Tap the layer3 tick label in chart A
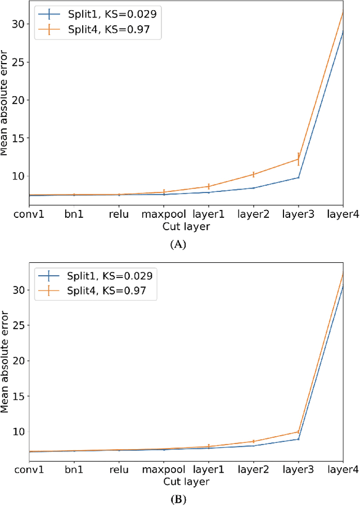tap(298, 214)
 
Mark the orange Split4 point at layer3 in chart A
tap(299, 159)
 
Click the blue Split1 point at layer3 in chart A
tap(299, 178)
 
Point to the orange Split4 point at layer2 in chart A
tap(254, 174)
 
